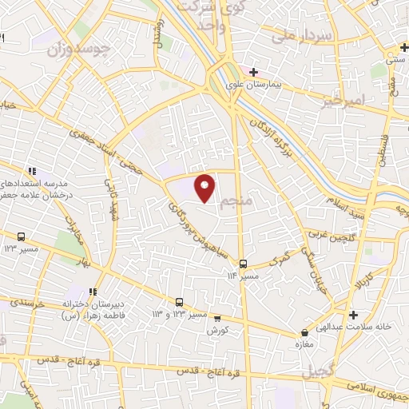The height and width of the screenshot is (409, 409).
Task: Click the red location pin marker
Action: [x=205, y=187]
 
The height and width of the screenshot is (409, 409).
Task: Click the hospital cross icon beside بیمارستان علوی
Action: [x=253, y=72]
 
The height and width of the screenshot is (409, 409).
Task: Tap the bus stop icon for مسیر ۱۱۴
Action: [x=243, y=264]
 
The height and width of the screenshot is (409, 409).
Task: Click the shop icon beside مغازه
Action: [x=304, y=332]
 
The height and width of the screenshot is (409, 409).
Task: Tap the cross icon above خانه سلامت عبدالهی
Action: [x=353, y=315]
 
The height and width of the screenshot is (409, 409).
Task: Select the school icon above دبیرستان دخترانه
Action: [x=93, y=292]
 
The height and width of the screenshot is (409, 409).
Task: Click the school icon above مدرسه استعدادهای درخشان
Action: [x=33, y=170]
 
